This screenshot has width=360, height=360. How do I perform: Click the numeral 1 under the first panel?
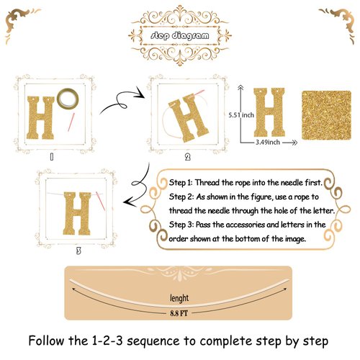[x=51, y=155]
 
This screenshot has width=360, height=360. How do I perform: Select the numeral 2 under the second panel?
[x=187, y=156]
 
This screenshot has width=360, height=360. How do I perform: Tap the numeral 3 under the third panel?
[x=78, y=251]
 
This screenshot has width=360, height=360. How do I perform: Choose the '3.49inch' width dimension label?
[x=273, y=143]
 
